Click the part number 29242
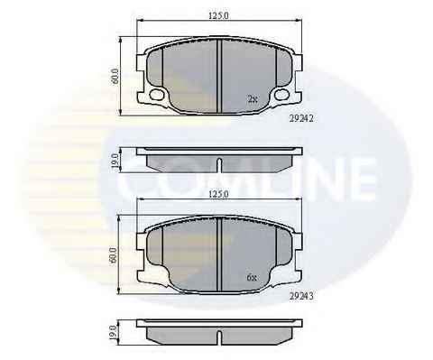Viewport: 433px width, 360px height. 301,118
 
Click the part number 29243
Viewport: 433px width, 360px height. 301,296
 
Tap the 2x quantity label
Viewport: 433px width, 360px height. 253,98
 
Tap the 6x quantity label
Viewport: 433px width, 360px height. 252,278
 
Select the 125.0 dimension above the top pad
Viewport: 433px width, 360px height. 219,16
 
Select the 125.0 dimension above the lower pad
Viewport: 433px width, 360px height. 219,194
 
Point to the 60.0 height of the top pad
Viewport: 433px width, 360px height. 115,76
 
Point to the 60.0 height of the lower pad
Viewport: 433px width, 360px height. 114,255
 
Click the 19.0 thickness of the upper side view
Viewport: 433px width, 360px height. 115,160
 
